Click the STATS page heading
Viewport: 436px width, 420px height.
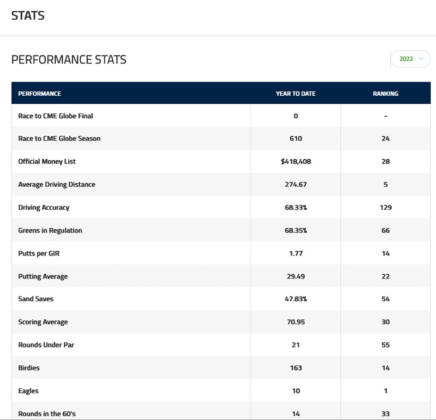click(x=28, y=15)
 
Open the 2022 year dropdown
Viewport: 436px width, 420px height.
click(x=410, y=59)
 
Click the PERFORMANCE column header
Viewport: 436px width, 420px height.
click(x=39, y=94)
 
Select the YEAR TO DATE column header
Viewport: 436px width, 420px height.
click(x=296, y=94)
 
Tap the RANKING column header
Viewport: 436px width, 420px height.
click(x=385, y=94)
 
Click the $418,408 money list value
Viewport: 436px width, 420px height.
click(x=296, y=161)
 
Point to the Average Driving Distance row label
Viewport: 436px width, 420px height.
click(x=57, y=185)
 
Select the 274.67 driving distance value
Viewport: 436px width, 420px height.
click(x=296, y=185)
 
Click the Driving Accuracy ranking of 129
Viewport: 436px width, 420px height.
click(x=385, y=208)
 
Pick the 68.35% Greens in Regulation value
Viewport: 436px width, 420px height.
click(x=296, y=230)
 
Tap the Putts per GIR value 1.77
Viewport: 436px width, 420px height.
click(x=296, y=253)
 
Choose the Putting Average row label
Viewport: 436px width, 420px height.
click(x=43, y=276)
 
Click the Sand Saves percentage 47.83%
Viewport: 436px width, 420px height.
click(x=296, y=299)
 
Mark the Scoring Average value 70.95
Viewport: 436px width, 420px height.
click(x=296, y=322)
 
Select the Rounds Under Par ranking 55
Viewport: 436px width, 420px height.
click(x=385, y=345)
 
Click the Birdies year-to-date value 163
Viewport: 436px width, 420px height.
click(x=296, y=368)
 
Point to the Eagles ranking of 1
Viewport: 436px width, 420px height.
click(x=385, y=391)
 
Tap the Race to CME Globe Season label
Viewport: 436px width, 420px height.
click(x=59, y=138)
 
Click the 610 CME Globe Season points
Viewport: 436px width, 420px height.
click(x=296, y=138)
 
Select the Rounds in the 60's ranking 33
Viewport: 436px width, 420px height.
click(x=385, y=414)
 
